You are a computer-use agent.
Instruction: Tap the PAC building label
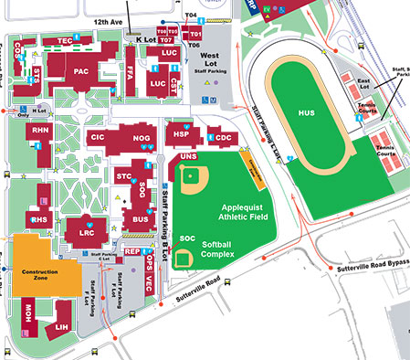tap(81, 70)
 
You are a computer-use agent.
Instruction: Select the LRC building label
tap(87, 233)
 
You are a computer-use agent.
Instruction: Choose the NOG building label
tap(142, 138)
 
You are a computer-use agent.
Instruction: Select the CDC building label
tap(224, 138)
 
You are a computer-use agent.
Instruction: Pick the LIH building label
tap(62, 326)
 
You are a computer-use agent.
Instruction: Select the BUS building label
tap(140, 219)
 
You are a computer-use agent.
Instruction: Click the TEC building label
tap(65, 41)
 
